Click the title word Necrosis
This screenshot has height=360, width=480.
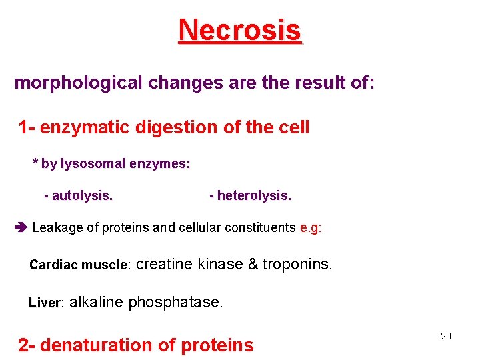(240, 30)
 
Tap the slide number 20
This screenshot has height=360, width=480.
(446, 336)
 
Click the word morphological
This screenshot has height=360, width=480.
(78, 83)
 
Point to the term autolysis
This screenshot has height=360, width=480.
(81, 196)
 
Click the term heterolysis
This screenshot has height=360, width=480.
(253, 196)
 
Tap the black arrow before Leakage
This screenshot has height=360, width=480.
(19, 228)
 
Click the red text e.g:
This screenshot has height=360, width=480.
(311, 228)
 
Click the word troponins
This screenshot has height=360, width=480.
(297, 264)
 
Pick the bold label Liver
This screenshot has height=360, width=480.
(45, 303)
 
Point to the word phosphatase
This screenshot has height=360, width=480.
(175, 303)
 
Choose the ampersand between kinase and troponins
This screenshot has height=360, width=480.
(253, 264)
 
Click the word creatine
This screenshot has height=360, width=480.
(165, 264)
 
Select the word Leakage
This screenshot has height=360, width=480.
(57, 228)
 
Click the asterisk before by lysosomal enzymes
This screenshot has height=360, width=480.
(36, 163)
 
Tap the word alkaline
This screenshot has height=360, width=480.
(96, 303)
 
